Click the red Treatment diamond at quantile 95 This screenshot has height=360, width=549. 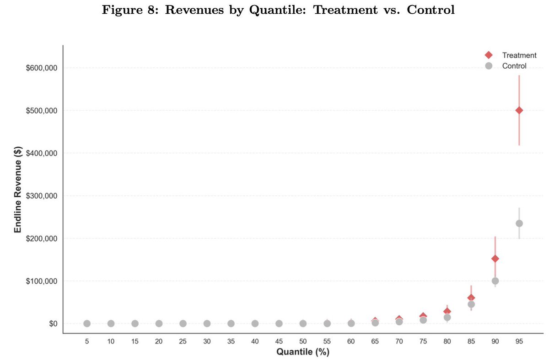[519, 110]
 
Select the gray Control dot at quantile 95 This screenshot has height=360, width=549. [519, 223]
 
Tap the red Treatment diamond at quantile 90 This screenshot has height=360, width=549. [495, 258]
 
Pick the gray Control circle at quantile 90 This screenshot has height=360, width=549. [495, 281]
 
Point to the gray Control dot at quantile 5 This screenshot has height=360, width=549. [87, 323]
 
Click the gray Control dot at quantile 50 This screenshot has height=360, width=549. [303, 323]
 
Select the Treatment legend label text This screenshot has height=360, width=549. [519, 55]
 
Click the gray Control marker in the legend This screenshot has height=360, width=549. [489, 66]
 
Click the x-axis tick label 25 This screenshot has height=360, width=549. [183, 341]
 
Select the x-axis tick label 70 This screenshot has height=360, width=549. [399, 341]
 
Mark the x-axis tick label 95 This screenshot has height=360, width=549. [519, 341]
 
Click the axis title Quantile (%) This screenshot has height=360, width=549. [303, 352]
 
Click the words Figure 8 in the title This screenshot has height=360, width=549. [119, 10]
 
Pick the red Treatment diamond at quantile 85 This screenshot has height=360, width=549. [471, 298]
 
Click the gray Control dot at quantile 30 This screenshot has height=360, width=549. [207, 323]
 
